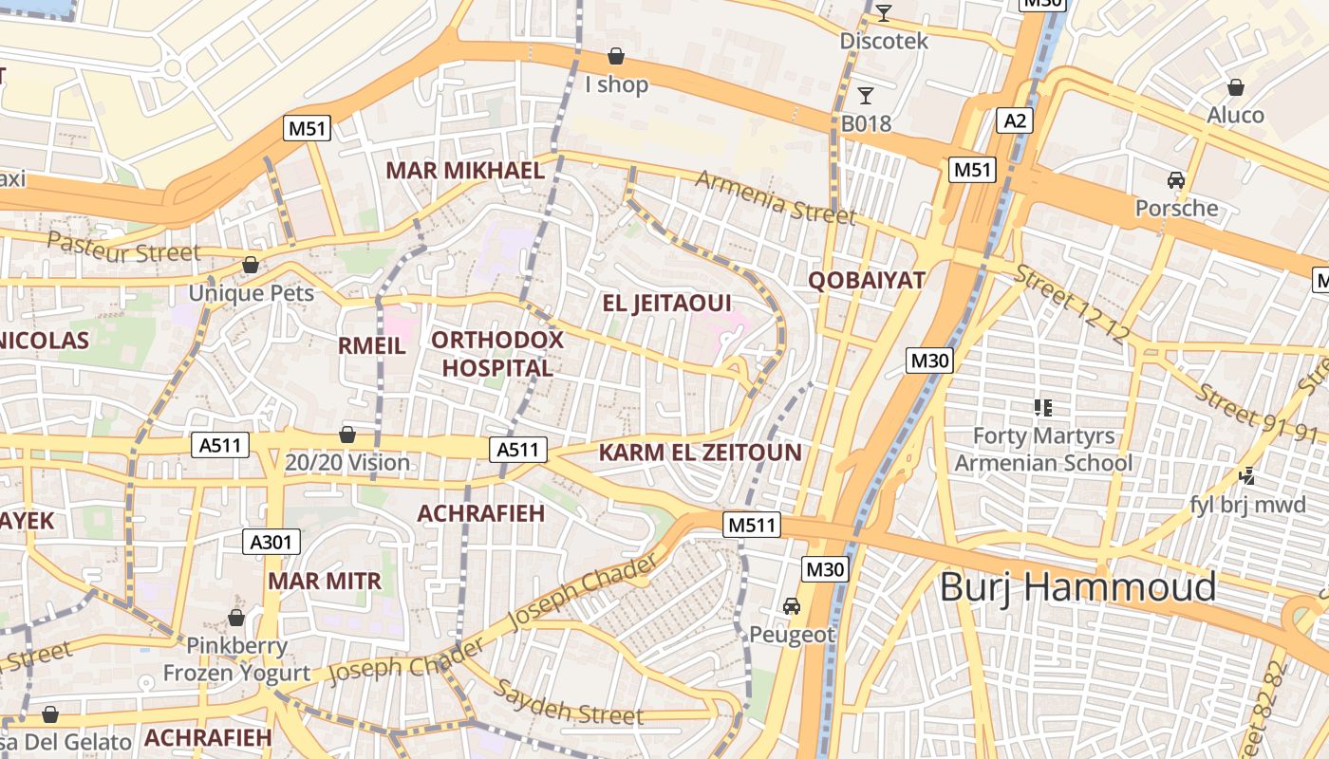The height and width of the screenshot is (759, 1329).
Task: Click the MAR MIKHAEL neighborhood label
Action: pos(464,171)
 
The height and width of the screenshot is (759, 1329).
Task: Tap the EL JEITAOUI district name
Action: pos(667,304)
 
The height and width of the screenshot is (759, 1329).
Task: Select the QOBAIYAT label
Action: pos(866,280)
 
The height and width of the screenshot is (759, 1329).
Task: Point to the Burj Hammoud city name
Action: pos(1077,587)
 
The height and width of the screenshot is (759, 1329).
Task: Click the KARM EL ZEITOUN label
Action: pos(700,453)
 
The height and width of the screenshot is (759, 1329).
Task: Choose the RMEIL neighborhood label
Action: pos(372,345)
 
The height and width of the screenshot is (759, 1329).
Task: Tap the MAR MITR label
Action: pos(325,581)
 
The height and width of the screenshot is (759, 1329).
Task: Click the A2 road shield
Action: pos(1015,120)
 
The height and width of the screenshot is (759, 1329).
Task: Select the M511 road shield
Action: pos(751,525)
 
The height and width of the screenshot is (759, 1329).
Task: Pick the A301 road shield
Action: pos(272,542)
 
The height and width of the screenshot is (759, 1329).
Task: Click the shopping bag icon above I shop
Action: pos(616,56)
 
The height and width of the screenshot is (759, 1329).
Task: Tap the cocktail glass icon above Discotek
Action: pos(884,12)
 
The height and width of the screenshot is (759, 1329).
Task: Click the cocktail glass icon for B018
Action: pos(865,95)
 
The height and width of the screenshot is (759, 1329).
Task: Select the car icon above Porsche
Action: pos(1176,179)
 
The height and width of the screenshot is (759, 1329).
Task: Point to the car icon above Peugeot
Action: pos(791,605)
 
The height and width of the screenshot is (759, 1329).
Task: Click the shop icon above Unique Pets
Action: pos(251,265)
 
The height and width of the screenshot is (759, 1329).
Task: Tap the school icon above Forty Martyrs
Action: pos(1043,408)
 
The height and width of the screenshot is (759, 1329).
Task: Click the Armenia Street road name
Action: pos(775,197)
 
